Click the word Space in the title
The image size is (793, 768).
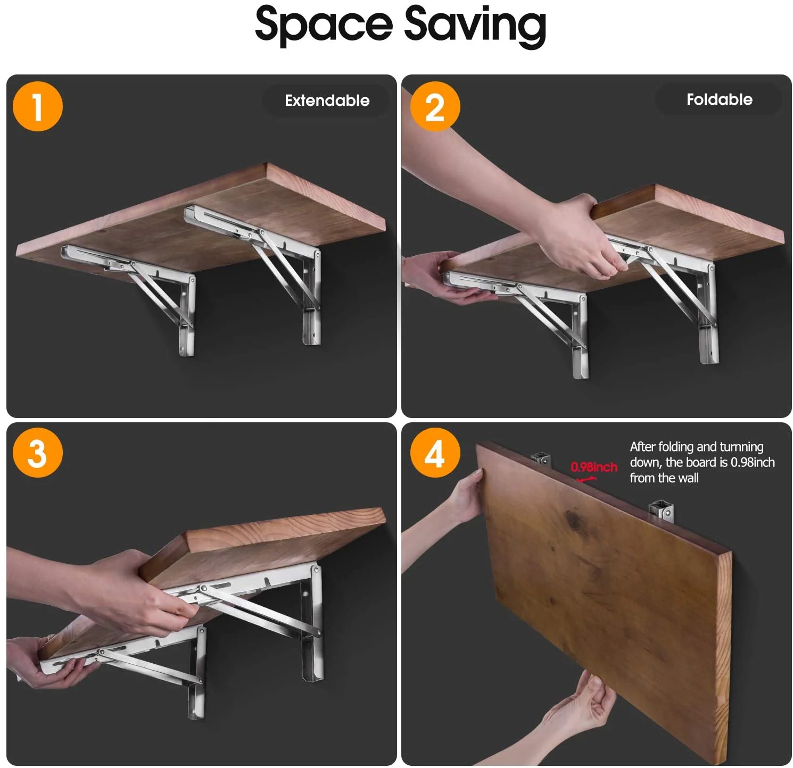[323, 25]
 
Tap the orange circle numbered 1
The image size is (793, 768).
[37, 106]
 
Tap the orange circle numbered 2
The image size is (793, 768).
[435, 106]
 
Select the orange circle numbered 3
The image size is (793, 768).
[37, 453]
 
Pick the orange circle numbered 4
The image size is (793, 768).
[435, 453]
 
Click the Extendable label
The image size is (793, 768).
[327, 101]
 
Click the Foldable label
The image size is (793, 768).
[719, 99]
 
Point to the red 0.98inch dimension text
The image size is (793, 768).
[593, 467]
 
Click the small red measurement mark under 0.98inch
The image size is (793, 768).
[587, 479]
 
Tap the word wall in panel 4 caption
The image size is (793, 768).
[688, 478]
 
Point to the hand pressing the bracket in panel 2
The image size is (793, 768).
[580, 239]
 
